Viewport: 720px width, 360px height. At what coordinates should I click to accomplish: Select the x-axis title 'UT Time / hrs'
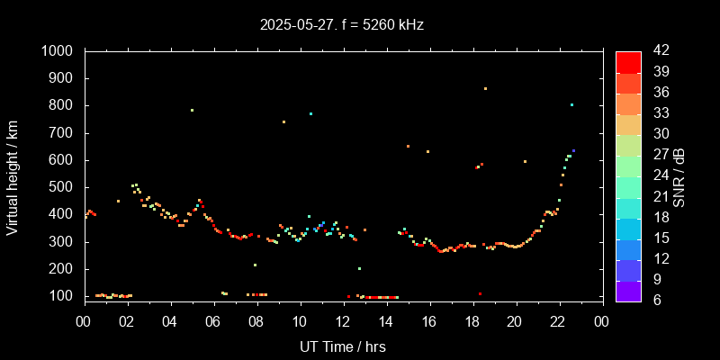[x=343, y=346]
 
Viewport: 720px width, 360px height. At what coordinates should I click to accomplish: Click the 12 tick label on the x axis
[x=343, y=320]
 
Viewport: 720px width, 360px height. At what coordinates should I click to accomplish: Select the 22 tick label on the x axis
[x=558, y=320]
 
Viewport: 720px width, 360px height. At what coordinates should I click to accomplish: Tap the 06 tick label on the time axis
[x=213, y=320]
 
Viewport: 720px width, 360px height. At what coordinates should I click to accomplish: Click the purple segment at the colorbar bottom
[x=628, y=291]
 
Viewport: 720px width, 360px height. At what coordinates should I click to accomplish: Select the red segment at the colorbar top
[x=628, y=61]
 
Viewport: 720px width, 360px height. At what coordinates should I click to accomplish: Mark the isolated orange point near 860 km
[x=485, y=88]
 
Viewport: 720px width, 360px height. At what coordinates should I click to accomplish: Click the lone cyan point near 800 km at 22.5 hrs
[x=571, y=104]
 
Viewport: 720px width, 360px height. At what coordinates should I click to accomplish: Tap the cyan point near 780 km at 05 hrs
[x=192, y=111]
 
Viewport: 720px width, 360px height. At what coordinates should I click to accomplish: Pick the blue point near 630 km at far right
[x=573, y=150]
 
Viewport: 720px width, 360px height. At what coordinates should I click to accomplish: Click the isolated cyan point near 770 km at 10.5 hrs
[x=310, y=113]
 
